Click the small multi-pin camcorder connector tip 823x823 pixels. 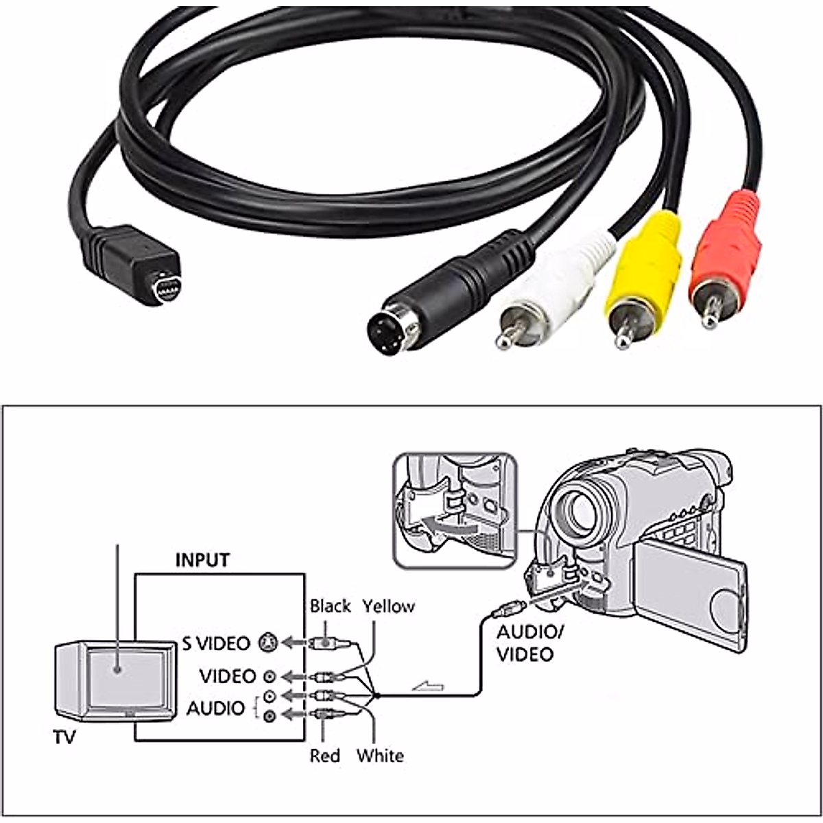(x=165, y=287)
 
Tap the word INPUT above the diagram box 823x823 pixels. (x=202, y=560)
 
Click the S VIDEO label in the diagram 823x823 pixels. (x=216, y=643)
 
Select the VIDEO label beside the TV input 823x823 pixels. (x=228, y=676)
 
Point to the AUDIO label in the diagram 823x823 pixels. (x=215, y=708)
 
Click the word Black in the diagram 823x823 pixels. (x=330, y=606)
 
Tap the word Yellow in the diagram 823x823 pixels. (x=388, y=606)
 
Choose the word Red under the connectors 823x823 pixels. (x=324, y=756)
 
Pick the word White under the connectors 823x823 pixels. (x=379, y=756)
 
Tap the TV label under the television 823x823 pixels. (x=64, y=738)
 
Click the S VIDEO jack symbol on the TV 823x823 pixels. (x=268, y=643)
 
